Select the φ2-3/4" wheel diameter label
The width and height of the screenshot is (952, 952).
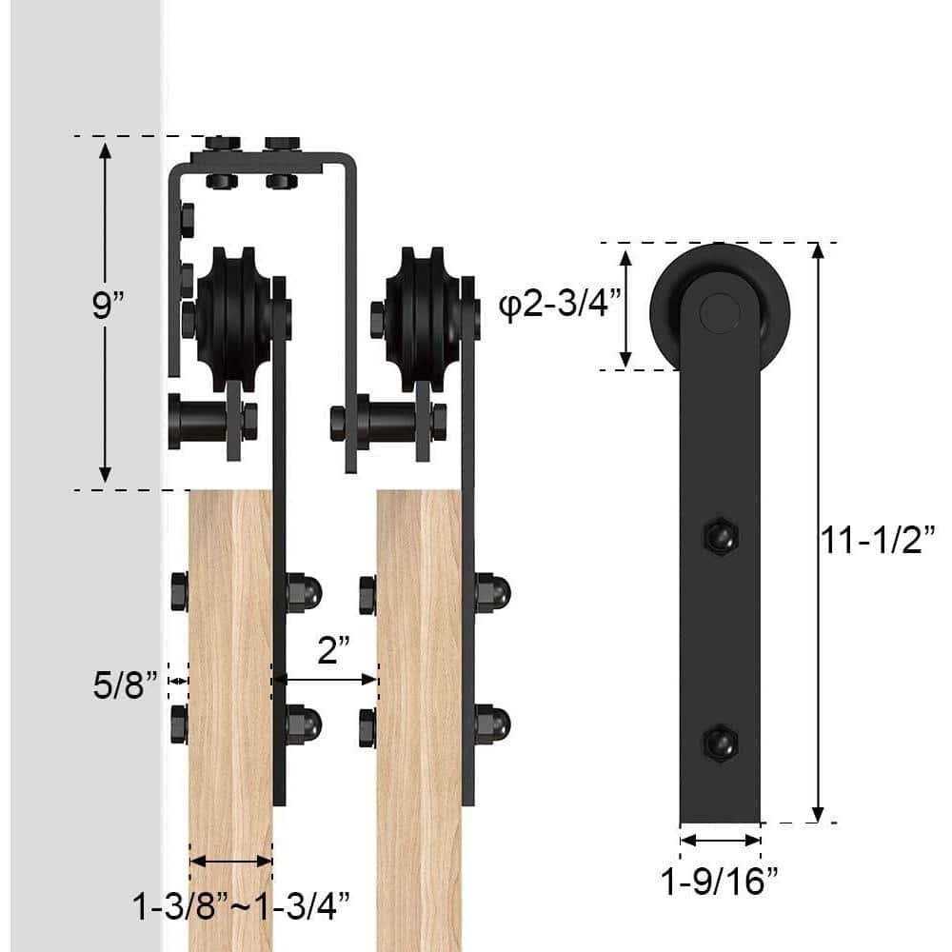click(560, 307)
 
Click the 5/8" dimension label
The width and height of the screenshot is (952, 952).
click(125, 686)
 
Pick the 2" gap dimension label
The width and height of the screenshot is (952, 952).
click(332, 652)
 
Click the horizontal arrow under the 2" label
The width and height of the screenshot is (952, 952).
click(326, 680)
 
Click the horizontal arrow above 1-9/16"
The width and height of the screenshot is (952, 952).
click(721, 840)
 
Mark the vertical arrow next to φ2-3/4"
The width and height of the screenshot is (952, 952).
click(625, 307)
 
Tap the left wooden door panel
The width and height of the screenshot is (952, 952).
click(230, 685)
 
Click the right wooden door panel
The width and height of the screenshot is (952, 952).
click(419, 685)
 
